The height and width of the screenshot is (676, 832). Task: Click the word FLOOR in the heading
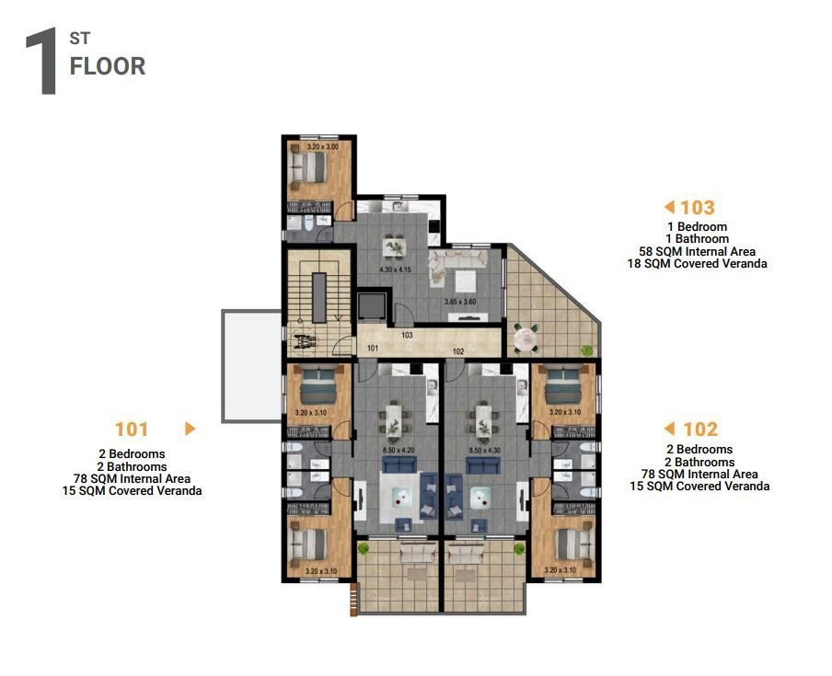108,66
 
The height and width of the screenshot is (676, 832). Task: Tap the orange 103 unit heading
698,208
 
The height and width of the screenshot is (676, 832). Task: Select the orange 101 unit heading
132,429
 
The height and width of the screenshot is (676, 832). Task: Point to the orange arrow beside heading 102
670,429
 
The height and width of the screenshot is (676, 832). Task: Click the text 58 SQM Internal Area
697,251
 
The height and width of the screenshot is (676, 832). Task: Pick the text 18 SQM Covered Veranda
697,264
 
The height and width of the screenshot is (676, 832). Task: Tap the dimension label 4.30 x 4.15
395,269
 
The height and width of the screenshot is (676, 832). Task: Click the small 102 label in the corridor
456,350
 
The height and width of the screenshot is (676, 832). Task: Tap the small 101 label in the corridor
373,349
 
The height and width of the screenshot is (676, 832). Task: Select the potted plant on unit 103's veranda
586,349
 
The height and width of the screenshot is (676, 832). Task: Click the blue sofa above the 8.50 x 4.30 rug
482,466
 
